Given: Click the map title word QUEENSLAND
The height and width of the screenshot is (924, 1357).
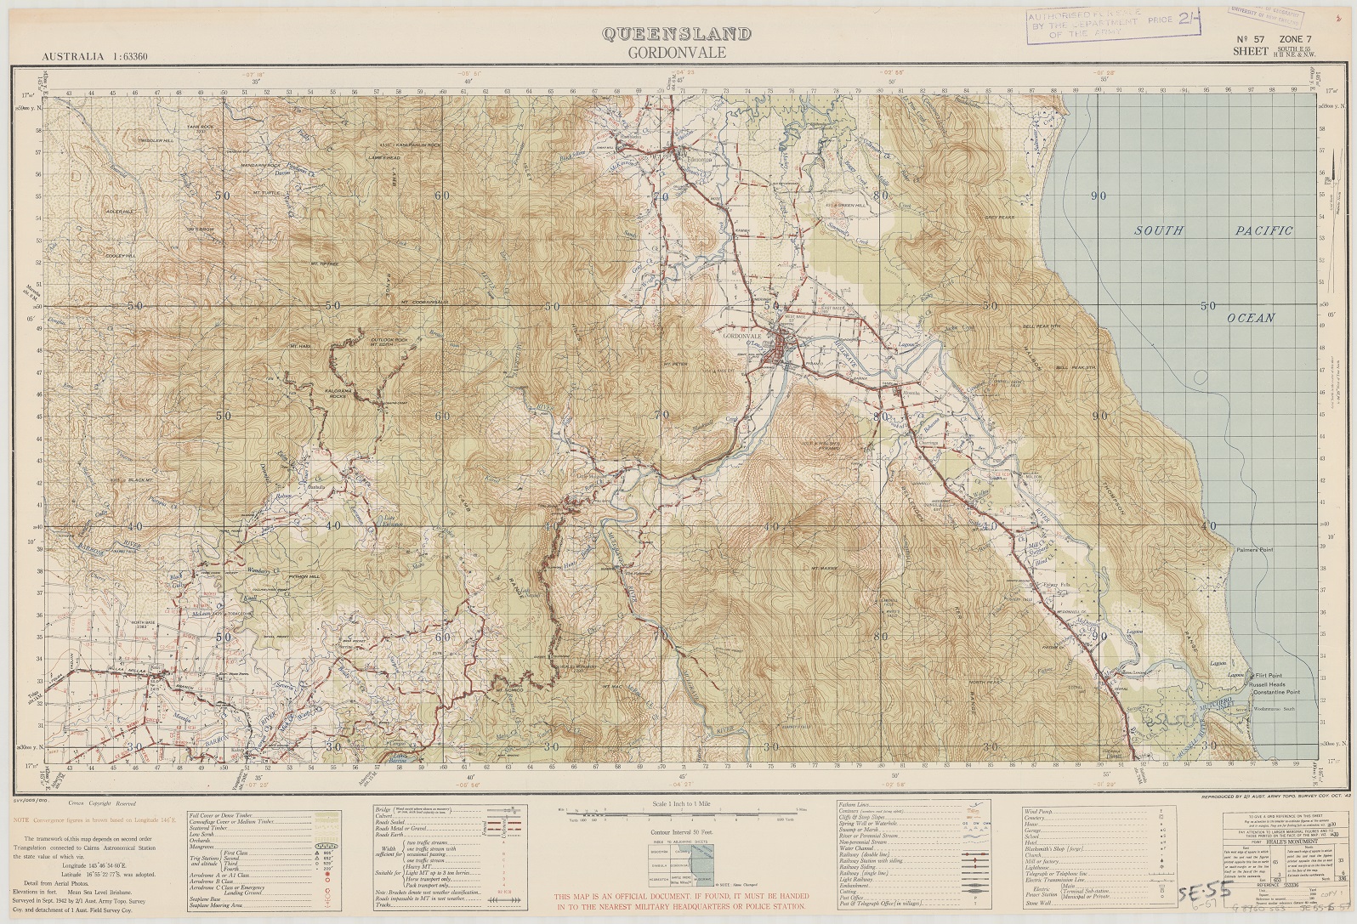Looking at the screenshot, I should (677, 34).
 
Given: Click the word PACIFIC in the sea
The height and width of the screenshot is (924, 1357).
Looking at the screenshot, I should (1263, 230).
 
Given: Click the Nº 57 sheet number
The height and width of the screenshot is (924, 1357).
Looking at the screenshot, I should (1252, 40).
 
